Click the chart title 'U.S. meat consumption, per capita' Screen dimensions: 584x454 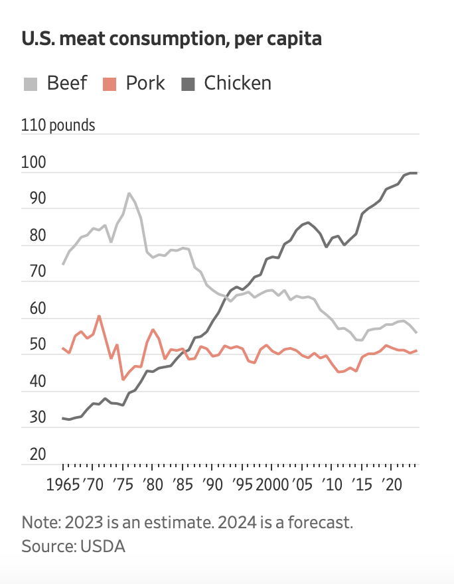(171, 39)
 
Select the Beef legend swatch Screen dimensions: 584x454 (31, 84)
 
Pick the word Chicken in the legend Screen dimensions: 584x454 (238, 84)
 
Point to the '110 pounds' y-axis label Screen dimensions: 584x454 (58, 125)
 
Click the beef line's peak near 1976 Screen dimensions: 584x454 (129, 193)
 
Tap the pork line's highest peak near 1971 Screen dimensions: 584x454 (99, 316)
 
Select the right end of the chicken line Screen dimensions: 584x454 (416, 173)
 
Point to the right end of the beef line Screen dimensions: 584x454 (416, 332)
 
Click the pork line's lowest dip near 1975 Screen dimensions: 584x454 (123, 380)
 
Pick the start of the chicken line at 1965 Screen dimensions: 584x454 (63, 418)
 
